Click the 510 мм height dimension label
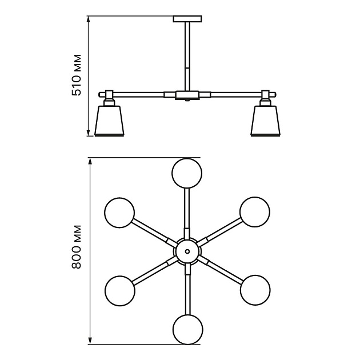tap(77, 75)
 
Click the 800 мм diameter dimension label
tap(77, 247)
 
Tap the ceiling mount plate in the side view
tap(187, 19)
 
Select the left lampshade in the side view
tap(110, 121)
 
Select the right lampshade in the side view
tap(266, 121)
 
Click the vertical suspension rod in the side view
tap(187, 56)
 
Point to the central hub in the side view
tap(187, 95)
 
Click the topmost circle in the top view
tap(187, 173)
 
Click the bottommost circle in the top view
tap(188, 330)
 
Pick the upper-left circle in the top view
tap(119, 213)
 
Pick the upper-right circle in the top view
tap(255, 212)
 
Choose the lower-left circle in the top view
tap(120, 291)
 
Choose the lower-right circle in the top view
tap(255, 290)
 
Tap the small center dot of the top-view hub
tap(187, 251)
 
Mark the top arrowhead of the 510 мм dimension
tap(89, 20)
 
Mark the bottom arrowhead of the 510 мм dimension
tap(89, 132)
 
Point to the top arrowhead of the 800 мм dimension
tap(90, 162)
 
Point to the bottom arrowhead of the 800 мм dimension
tap(90, 341)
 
